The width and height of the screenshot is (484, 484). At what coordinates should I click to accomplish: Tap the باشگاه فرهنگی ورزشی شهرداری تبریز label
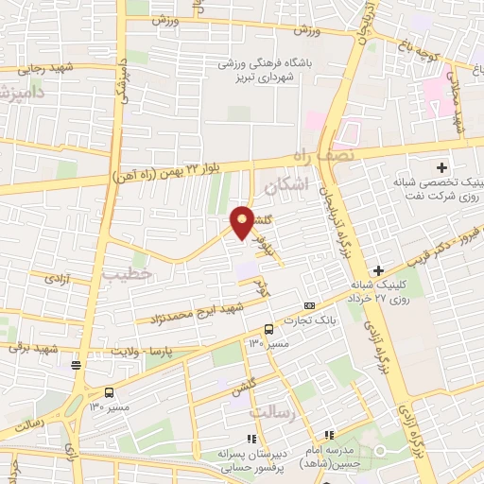pyautogui.click(x=268, y=69)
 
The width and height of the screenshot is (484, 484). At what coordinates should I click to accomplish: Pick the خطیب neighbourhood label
pyautogui.click(x=120, y=273)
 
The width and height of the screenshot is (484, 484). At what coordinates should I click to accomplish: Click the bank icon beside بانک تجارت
pyautogui.click(x=309, y=305)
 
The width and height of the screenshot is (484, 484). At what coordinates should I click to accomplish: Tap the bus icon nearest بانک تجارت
pyautogui.click(x=270, y=329)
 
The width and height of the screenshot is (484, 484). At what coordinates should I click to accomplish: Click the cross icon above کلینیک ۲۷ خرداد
pyautogui.click(x=378, y=270)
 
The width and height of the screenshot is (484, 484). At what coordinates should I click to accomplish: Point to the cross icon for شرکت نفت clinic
pyautogui.click(x=441, y=167)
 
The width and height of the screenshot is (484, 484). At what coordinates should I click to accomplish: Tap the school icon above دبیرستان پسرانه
pyautogui.click(x=251, y=439)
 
